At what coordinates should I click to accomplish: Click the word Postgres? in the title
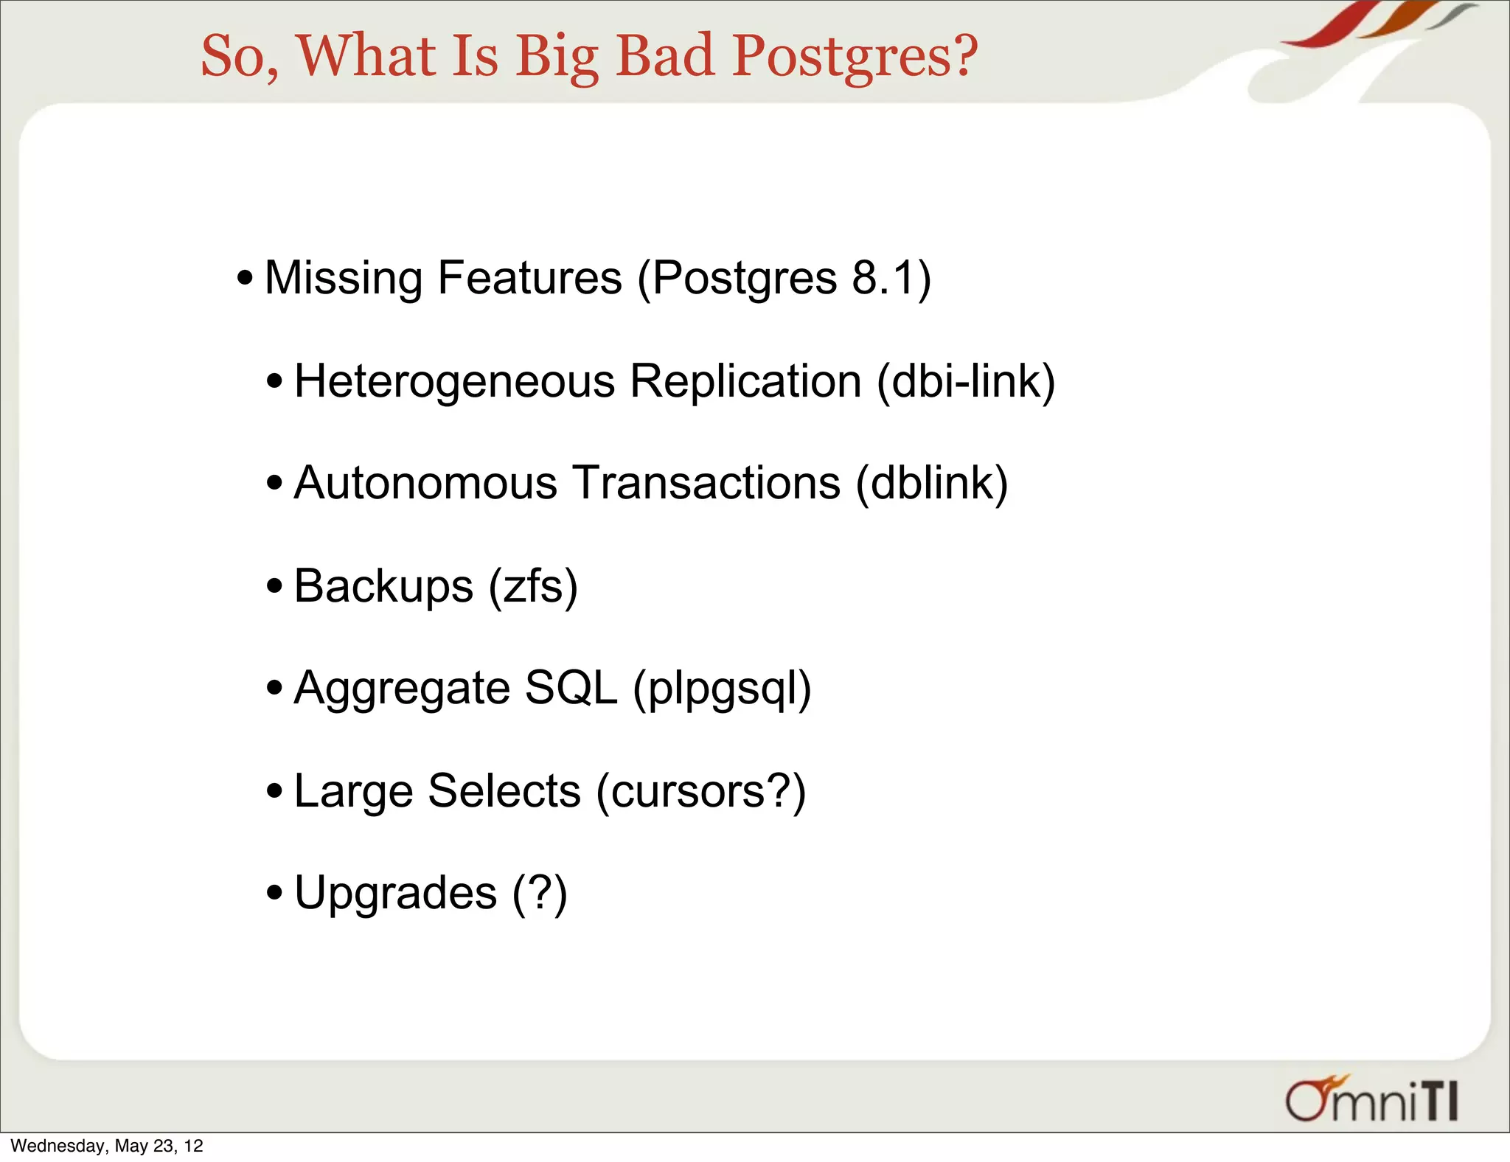855,56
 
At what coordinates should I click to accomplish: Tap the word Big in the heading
557,58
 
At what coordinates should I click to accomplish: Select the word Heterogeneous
454,382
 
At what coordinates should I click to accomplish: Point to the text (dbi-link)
966,382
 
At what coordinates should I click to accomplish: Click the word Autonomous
425,484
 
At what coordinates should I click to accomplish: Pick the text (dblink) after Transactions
932,484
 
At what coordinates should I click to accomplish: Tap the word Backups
383,587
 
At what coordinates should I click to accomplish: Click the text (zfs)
533,587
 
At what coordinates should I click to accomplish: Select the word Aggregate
402,689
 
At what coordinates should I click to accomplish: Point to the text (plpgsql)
722,689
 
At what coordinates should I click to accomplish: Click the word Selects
504,791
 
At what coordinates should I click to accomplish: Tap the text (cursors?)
700,791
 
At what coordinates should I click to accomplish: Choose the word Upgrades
396,894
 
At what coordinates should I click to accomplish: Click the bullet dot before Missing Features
246,279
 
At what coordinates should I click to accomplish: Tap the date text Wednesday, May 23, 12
107,1146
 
